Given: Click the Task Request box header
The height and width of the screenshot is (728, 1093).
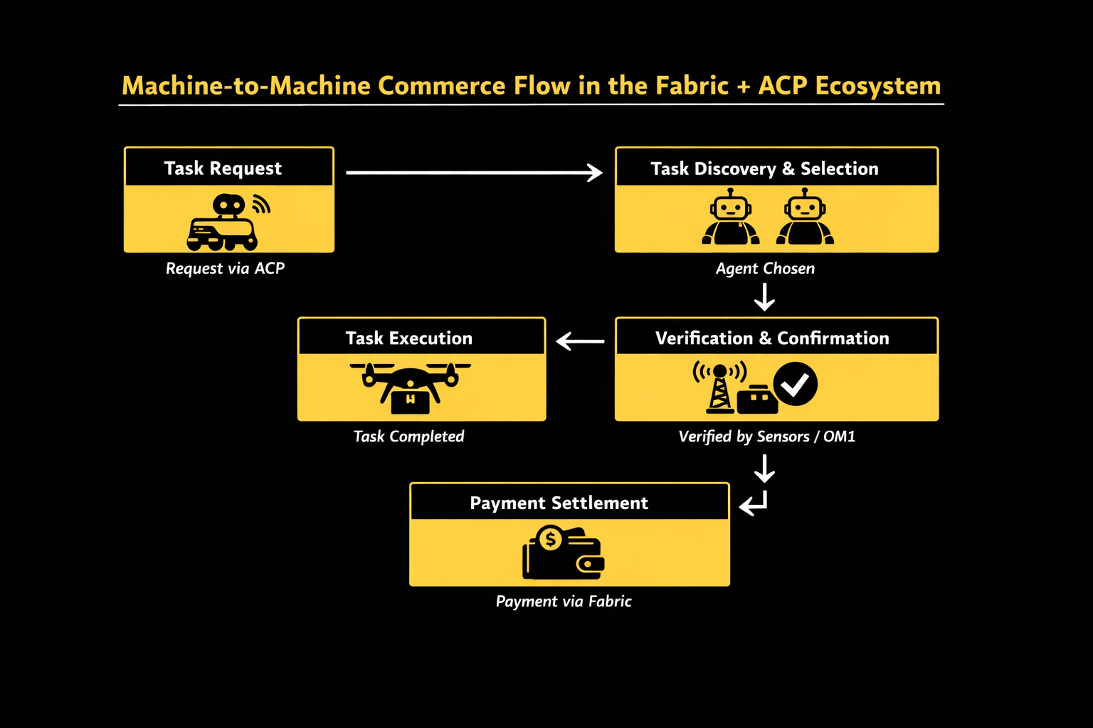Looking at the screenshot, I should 223,168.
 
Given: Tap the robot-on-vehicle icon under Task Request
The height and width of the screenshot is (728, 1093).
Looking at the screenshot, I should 223,223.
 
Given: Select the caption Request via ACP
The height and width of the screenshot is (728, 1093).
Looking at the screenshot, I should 225,268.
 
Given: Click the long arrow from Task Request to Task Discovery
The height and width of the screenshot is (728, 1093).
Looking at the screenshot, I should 474,172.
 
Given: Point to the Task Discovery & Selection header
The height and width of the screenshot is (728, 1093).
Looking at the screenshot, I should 764,168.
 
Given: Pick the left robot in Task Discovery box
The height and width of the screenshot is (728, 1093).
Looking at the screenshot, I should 730,217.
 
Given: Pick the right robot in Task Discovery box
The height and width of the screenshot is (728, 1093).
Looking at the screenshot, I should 805,217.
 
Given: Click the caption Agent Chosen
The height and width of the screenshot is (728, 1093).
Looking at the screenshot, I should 765,268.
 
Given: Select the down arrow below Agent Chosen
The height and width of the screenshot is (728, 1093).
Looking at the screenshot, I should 764,297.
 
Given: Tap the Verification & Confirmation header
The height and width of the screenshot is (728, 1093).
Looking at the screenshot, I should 772,338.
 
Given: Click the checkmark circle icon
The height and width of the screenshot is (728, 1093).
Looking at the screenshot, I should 796,384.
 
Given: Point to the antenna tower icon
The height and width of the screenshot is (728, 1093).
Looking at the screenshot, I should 719,387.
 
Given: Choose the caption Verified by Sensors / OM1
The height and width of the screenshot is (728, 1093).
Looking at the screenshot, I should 766,436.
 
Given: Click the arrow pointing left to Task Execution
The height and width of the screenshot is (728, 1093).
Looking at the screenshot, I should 580,341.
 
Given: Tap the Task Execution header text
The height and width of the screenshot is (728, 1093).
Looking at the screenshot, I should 409,338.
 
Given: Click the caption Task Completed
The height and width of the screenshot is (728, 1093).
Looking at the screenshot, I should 408,436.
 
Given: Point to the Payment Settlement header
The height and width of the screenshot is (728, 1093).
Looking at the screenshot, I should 559,503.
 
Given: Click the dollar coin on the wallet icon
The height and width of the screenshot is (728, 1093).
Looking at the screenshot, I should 550,540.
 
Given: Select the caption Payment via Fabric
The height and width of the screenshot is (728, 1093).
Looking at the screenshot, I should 564,601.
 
